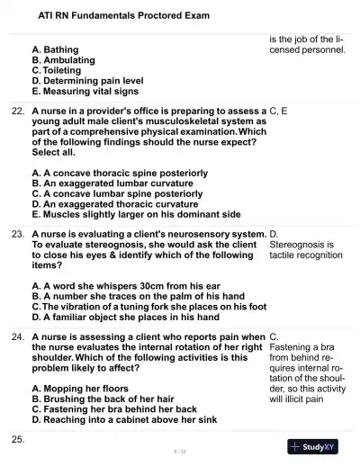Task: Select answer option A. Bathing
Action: pyautogui.click(x=67, y=49)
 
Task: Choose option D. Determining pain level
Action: pyautogui.click(x=87, y=80)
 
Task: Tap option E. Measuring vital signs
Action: pyautogui.click(x=85, y=91)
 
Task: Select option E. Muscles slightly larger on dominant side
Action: pyautogui.click(x=136, y=214)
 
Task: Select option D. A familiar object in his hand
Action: pyautogui.click(x=125, y=317)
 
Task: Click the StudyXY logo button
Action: pyautogui.click(x=318, y=446)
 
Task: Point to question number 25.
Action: pyautogui.click(x=17, y=439)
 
